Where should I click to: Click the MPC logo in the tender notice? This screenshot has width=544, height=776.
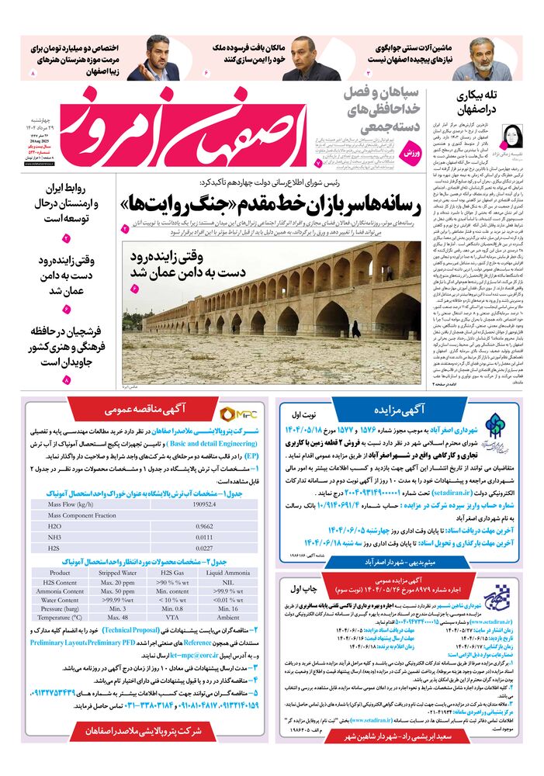click(x=237, y=414)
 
